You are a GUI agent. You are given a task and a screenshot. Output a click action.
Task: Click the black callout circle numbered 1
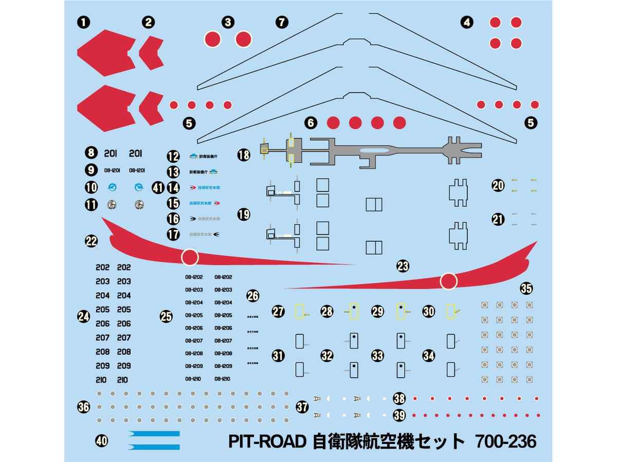pyautogui.click(x=83, y=22)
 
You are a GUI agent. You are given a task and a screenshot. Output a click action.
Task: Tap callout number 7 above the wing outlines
pyautogui.click(x=282, y=22)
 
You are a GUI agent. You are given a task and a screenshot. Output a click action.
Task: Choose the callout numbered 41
pyautogui.click(x=158, y=188)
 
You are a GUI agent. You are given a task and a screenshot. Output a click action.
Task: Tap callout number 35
pyautogui.click(x=526, y=288)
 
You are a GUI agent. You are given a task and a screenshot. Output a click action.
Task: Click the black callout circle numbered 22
pyautogui.click(x=92, y=241)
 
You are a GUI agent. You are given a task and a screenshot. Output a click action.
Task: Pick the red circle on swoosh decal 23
pyautogui.click(x=449, y=280)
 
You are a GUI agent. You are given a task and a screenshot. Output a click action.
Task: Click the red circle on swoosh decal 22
pyautogui.click(x=190, y=257)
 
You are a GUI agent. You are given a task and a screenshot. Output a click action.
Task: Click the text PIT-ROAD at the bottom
pyautogui.click(x=267, y=441)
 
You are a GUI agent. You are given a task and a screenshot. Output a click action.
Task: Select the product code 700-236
pyautogui.click(x=506, y=441)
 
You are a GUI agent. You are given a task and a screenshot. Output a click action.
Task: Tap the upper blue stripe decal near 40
pyautogui.click(x=154, y=434)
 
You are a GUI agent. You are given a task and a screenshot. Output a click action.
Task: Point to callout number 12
pyautogui.click(x=173, y=157)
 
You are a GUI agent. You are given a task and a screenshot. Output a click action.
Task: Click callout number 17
pyautogui.click(x=173, y=235)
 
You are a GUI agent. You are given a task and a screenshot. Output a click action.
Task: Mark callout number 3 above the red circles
pyautogui.click(x=228, y=22)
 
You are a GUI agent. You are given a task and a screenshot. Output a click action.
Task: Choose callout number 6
pyautogui.click(x=310, y=123)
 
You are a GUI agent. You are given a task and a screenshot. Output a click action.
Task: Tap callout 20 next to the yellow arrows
pyautogui.click(x=498, y=185)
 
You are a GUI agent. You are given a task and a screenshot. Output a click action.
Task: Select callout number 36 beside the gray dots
pyautogui.click(x=83, y=408)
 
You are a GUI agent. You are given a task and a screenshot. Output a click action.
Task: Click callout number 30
pyautogui.click(x=429, y=311)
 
